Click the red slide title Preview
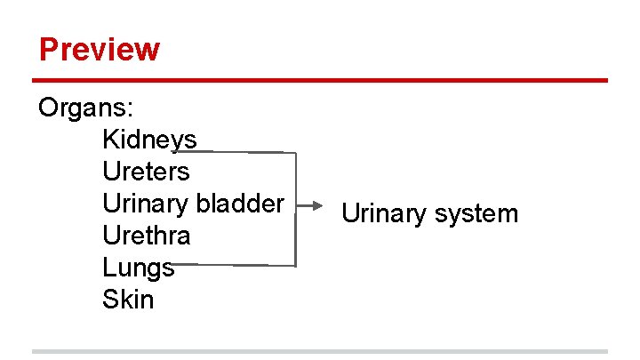pyautogui.click(x=100, y=49)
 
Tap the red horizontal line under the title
pyautogui.click(x=320, y=81)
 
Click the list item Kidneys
pyautogui.click(x=149, y=140)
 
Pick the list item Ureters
pyautogui.click(x=146, y=172)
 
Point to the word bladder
pyautogui.click(x=240, y=204)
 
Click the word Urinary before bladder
pyautogui.click(x=146, y=204)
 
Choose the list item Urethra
pyautogui.click(x=146, y=236)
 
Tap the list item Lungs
pyautogui.click(x=138, y=268)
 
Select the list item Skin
pyautogui.click(x=128, y=300)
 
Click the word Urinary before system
pyautogui.click(x=384, y=214)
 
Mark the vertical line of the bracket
pyautogui.click(x=294, y=209)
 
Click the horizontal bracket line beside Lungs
pyautogui.click(x=236, y=265)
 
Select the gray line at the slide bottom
pyautogui.click(x=320, y=351)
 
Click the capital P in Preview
pyautogui.click(x=49, y=49)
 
